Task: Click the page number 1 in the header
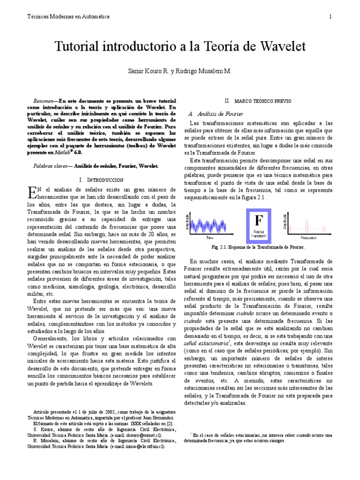330,16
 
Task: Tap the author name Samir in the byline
137,71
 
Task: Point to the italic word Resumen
45,101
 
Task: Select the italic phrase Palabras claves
51,166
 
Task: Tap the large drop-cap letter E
31,192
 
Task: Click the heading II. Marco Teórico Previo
258,101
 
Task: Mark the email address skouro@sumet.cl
145,435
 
